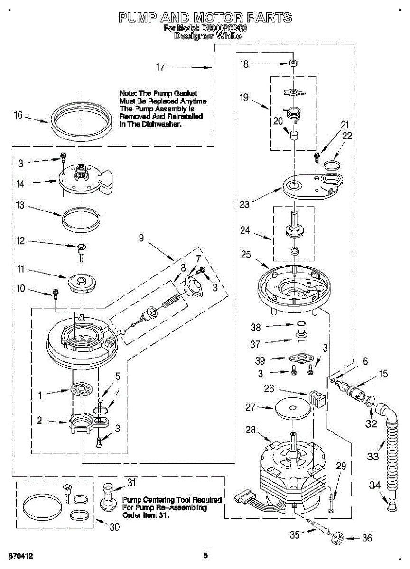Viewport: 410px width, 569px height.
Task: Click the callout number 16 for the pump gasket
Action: coord(18,115)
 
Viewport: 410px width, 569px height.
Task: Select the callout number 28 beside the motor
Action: coord(251,430)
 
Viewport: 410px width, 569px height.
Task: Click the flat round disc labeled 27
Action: coord(291,408)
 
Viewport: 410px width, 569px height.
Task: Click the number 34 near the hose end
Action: coord(375,485)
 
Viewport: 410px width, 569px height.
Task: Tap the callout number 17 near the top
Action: coord(161,67)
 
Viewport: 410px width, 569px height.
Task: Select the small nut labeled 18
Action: coord(294,63)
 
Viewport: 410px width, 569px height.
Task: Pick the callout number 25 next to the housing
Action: coord(246,254)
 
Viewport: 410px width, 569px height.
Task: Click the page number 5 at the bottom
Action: coord(205,555)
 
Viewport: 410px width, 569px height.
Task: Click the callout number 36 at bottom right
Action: coord(367,538)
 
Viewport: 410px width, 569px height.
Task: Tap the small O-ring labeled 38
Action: coord(300,325)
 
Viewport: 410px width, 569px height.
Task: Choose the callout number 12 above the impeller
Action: coord(20,241)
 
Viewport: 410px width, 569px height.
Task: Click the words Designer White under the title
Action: coord(205,36)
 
